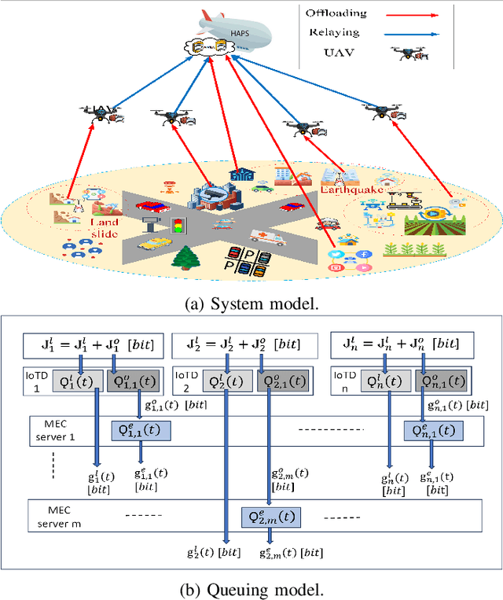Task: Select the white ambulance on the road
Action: click(x=264, y=237)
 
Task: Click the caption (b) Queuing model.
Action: click(x=251, y=589)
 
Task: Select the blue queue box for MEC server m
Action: click(x=270, y=516)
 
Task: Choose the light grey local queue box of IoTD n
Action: click(x=386, y=382)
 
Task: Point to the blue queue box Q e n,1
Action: click(x=431, y=430)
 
